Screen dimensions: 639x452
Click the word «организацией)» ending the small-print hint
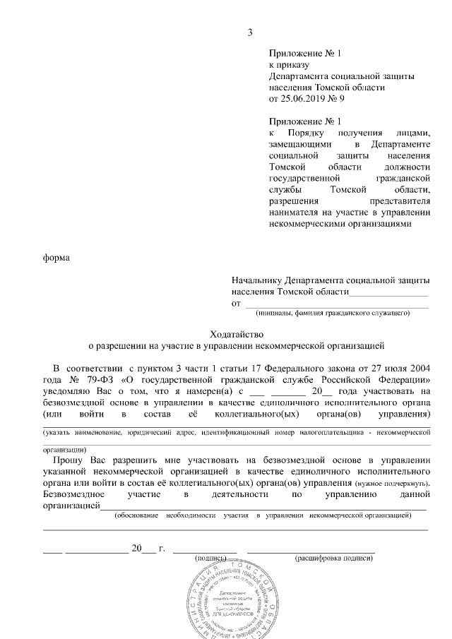(65, 449)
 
